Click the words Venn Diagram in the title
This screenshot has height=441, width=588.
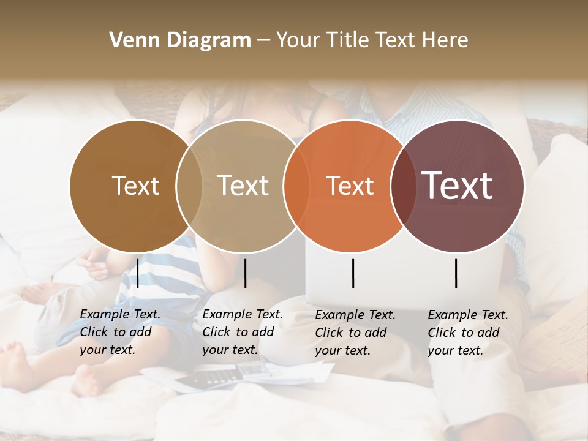(x=180, y=40)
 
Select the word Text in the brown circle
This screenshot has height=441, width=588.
(x=135, y=186)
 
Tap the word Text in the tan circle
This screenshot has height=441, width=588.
(x=243, y=186)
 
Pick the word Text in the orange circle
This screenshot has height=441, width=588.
(x=350, y=186)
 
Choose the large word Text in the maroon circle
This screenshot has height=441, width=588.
(x=458, y=186)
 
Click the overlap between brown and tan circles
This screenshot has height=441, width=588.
(x=189, y=186)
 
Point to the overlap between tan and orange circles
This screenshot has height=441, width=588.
(x=296, y=186)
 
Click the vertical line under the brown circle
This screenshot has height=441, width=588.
(x=138, y=273)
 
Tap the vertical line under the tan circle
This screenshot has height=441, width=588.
(x=245, y=273)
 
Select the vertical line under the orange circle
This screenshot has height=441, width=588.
(x=353, y=273)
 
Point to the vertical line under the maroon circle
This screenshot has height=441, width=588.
(x=456, y=273)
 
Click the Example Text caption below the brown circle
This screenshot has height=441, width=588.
(x=119, y=332)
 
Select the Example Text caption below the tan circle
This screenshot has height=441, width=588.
(x=242, y=332)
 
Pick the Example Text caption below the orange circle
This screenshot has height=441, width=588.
(x=355, y=332)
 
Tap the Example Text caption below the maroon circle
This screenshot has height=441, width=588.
(x=467, y=332)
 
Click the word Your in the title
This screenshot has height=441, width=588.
(x=298, y=40)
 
